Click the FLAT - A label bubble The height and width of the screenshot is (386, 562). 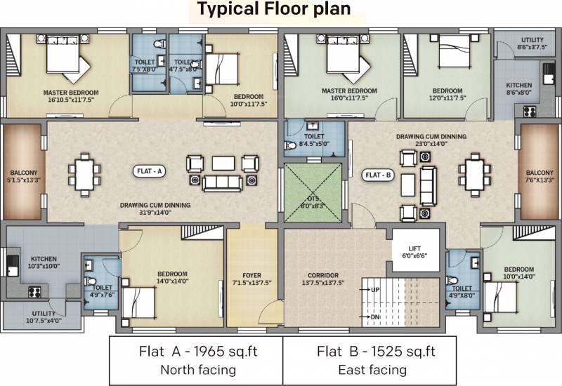(x=149, y=171)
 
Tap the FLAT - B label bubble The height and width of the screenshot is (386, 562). (x=378, y=175)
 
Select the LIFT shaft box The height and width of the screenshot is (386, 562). (x=415, y=250)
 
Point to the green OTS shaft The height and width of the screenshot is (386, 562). (x=313, y=192)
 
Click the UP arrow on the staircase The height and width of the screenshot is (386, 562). (x=366, y=289)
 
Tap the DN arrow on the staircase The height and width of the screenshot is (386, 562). (x=365, y=317)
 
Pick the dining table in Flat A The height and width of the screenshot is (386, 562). (x=84, y=175)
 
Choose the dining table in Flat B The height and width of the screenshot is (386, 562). (x=475, y=175)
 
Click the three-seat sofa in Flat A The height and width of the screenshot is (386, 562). (x=222, y=183)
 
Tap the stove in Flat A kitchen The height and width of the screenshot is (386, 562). (x=34, y=292)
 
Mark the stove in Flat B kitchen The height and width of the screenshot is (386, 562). (x=530, y=112)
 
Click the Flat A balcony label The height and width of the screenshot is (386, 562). (x=24, y=176)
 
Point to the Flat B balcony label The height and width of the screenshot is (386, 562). (x=540, y=176)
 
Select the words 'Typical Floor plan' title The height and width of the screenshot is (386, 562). (x=274, y=9)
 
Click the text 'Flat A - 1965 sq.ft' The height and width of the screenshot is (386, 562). (x=198, y=352)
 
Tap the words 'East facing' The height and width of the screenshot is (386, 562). (x=372, y=370)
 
